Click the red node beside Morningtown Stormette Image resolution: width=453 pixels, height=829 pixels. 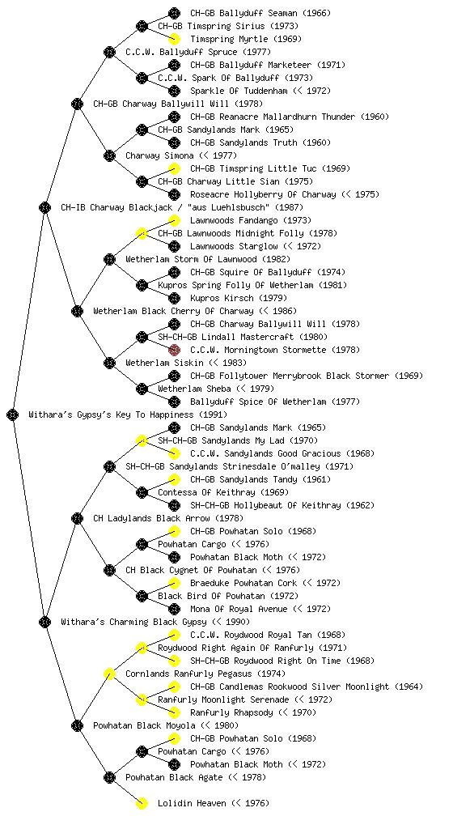pyautogui.click(x=174, y=350)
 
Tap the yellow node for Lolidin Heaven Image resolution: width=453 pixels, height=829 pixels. pyautogui.click(x=142, y=803)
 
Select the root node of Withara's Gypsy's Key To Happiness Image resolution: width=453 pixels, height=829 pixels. pyautogui.click(x=13, y=414)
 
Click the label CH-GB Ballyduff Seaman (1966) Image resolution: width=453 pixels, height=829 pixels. pyautogui.click(x=260, y=13)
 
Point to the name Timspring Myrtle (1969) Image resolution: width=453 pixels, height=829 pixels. pyautogui.click(x=246, y=39)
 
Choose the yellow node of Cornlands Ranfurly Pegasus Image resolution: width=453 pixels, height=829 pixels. pyautogui.click(x=109, y=674)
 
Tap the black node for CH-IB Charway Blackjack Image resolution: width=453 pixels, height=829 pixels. pyautogui.click(x=44, y=207)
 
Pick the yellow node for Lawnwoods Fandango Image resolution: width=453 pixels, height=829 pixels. pyautogui.click(x=174, y=220)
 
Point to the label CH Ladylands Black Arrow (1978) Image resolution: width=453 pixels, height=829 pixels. pyautogui.click(x=168, y=518)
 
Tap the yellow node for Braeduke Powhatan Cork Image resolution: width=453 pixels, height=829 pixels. pyautogui.click(x=174, y=583)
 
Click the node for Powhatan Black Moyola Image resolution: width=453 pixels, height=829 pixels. pyautogui.click(x=77, y=725)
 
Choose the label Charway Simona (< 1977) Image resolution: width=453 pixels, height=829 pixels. pyautogui.click(x=181, y=155)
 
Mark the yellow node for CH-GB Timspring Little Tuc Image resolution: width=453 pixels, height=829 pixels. pyautogui.click(x=174, y=168)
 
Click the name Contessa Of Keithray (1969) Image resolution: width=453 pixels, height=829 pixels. pyautogui.click(x=222, y=492)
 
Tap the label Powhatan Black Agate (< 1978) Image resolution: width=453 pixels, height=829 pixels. pyautogui.click(x=196, y=777)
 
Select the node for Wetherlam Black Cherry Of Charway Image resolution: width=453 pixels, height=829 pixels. pyautogui.click(x=77, y=311)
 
